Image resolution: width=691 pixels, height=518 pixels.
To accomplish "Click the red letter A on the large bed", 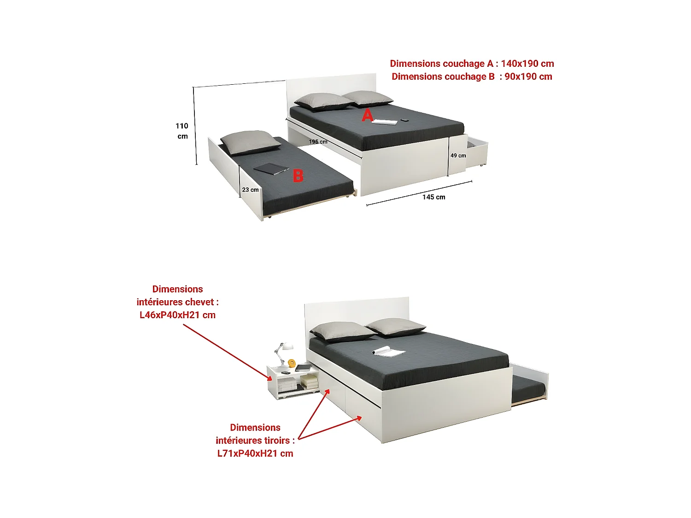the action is tap(367, 115).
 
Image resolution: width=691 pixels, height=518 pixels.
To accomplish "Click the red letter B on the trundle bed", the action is tap(298, 175).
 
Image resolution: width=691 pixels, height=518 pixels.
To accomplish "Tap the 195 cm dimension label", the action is tap(318, 142).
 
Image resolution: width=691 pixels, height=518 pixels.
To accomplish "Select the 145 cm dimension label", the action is tap(434, 197).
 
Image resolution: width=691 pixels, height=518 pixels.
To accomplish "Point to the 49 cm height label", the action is tap(458, 155).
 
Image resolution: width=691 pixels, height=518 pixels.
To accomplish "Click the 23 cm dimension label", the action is tap(250, 190).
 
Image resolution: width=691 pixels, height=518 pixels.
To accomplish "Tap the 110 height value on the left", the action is tap(182, 126).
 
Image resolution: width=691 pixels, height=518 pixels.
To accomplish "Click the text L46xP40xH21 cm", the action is tap(177, 315).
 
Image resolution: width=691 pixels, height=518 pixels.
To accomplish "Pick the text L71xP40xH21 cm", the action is tap(255, 453).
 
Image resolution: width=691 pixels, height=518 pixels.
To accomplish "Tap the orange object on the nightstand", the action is tap(292, 363).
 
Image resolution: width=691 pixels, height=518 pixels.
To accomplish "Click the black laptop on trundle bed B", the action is tap(271, 169).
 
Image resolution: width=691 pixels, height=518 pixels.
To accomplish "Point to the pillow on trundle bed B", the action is tap(250, 142).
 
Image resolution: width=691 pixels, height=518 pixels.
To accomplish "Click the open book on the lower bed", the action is tap(388, 351).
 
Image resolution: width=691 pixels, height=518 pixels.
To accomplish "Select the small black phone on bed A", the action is tap(404, 120).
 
